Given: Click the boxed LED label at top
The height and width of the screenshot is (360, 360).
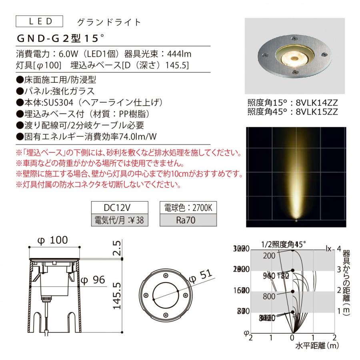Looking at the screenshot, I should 39,21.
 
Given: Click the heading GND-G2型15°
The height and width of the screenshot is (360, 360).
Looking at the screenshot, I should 60,39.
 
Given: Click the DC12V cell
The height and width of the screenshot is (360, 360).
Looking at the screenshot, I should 120,208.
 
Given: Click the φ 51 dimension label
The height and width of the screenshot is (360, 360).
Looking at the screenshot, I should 200,277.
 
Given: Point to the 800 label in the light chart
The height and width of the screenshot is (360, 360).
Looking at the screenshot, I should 270,297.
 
